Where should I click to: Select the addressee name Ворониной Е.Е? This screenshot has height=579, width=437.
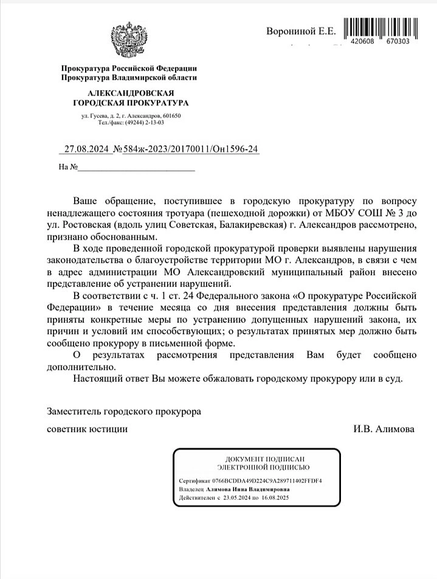point(300,31)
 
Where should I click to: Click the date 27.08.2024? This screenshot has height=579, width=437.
point(89,148)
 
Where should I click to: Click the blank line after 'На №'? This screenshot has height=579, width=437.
point(136,167)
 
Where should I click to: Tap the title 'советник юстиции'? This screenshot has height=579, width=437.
point(88,429)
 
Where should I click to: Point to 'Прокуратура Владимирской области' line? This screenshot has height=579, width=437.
point(129,77)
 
